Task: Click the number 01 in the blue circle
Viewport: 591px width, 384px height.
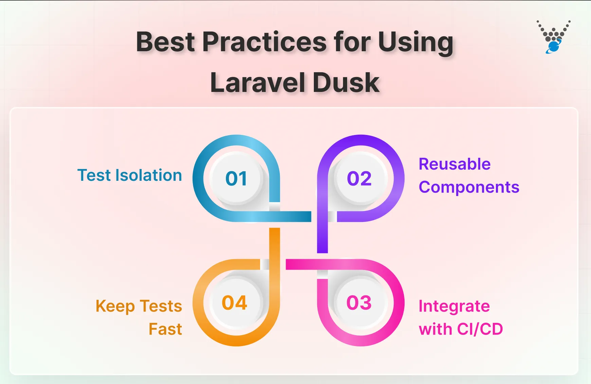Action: coord(236,178)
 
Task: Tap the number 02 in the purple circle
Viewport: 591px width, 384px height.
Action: coord(359,178)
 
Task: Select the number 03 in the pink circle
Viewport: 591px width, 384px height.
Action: coord(359,303)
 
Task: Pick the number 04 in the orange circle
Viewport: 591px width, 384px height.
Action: coord(234,303)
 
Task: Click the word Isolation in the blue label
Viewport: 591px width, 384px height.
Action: coord(148,175)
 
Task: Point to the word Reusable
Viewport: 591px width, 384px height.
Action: coord(454,164)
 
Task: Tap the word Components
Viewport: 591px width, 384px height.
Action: coord(469,187)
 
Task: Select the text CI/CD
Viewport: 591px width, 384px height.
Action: coord(480,329)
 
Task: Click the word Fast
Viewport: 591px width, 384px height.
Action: coord(165,329)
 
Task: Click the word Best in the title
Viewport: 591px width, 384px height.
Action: coord(165,42)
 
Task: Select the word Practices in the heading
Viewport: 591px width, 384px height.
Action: coord(265,42)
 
